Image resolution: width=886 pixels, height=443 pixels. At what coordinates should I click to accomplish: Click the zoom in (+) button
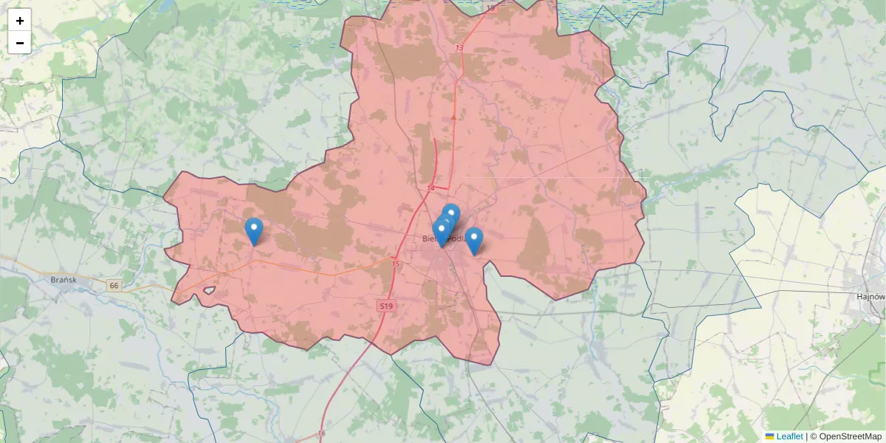[x=20, y=21]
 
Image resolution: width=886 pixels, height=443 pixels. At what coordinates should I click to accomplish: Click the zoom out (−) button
[x=20, y=43]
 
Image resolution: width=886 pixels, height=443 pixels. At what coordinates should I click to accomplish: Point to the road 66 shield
[x=113, y=285]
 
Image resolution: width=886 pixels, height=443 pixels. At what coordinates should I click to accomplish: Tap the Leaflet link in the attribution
[x=789, y=436]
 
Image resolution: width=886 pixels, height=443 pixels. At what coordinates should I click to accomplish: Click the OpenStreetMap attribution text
[x=850, y=436]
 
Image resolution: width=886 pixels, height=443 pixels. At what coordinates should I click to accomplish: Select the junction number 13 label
[x=459, y=48]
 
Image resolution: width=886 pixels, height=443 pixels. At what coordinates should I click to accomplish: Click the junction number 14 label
[x=430, y=188]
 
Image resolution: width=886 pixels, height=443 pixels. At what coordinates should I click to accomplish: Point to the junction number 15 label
[x=395, y=264]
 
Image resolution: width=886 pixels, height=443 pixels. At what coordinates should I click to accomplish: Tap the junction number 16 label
[x=321, y=433]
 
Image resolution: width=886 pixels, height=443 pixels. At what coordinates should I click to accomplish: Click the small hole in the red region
[x=208, y=291]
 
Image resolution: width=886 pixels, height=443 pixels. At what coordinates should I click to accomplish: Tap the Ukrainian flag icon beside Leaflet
[x=769, y=436]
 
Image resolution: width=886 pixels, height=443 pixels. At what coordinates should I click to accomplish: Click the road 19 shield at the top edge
[x=491, y=7]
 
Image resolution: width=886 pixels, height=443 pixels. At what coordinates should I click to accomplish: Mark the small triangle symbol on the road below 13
[x=453, y=117]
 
